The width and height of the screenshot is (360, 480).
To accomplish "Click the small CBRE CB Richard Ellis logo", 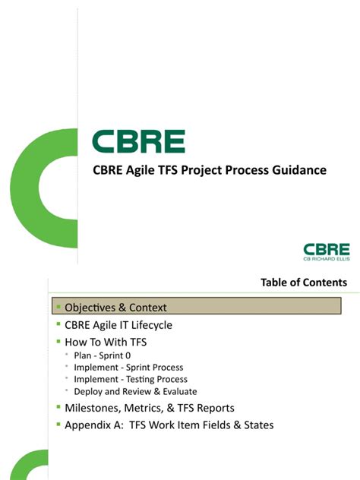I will tap(326, 252).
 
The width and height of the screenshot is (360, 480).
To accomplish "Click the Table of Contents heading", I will tap(304, 283).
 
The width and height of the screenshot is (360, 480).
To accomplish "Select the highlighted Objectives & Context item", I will tap(115, 308).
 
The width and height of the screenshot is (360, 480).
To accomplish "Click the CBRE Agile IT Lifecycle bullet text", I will tap(118, 325).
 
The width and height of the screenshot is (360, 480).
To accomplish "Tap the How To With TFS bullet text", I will tap(106, 343).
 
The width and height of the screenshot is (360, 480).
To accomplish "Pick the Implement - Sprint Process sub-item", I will tap(128, 368).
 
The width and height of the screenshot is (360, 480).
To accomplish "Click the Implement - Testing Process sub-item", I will tap(131, 379).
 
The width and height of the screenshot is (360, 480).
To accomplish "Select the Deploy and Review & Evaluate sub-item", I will tap(136, 391).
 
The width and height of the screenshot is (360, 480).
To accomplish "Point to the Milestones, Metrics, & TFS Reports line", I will tap(149, 408).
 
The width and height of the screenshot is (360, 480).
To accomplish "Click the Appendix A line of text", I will tap(169, 425).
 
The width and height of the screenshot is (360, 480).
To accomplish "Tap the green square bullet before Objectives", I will tap(58, 307).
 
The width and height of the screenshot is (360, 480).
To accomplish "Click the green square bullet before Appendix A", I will tap(58, 425).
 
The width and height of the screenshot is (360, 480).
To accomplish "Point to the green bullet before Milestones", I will tap(58, 407).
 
